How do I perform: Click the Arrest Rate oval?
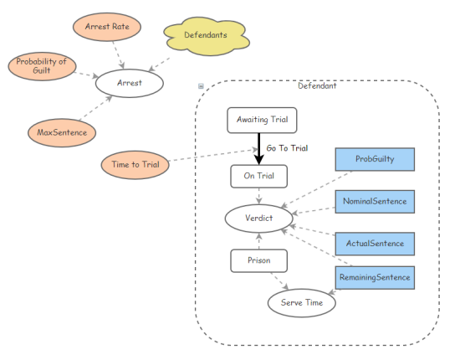click(107, 27)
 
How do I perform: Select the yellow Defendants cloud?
click(207, 36)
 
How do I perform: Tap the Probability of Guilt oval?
click(42, 66)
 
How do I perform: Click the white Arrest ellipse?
click(130, 83)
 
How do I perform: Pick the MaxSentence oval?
click(62, 133)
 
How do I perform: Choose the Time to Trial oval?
click(135, 165)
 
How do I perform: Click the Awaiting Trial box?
click(262, 120)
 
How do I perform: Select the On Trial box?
click(258, 176)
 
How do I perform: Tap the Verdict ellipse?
click(258, 219)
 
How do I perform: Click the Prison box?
click(258, 260)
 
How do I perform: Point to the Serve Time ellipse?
click(302, 303)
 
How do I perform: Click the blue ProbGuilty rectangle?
click(375, 159)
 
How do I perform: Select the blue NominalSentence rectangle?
click(375, 202)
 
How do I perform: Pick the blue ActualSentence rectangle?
click(375, 244)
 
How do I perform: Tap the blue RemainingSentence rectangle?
click(375, 277)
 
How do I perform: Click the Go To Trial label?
click(287, 148)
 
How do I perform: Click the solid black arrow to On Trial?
click(258, 149)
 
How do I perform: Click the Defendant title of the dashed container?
click(317, 85)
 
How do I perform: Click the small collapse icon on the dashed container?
click(201, 86)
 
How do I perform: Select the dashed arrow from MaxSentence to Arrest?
click(95, 108)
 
